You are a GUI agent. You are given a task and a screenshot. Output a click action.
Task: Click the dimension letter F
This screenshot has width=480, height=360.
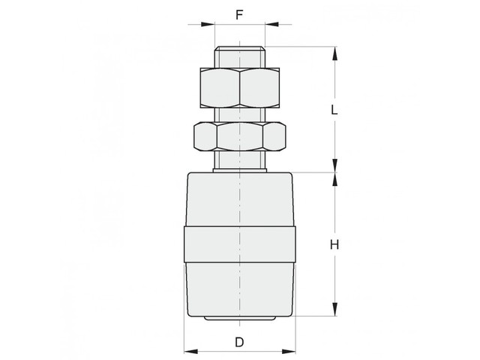239,14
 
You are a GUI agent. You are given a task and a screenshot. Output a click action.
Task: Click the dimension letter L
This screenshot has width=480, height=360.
334,109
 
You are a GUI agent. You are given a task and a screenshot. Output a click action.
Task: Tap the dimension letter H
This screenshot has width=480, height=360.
334,244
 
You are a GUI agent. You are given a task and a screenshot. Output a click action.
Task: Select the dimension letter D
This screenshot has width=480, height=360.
239,342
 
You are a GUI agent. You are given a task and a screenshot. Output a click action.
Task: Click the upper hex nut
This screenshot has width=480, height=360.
240,88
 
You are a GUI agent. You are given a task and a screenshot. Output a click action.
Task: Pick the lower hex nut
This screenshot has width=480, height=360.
240,136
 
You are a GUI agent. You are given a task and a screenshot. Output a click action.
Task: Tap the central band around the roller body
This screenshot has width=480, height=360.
240,244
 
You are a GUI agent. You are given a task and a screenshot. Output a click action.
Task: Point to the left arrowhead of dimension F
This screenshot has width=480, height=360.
208,24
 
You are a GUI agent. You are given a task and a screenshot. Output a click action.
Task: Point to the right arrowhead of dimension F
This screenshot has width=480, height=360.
271,24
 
